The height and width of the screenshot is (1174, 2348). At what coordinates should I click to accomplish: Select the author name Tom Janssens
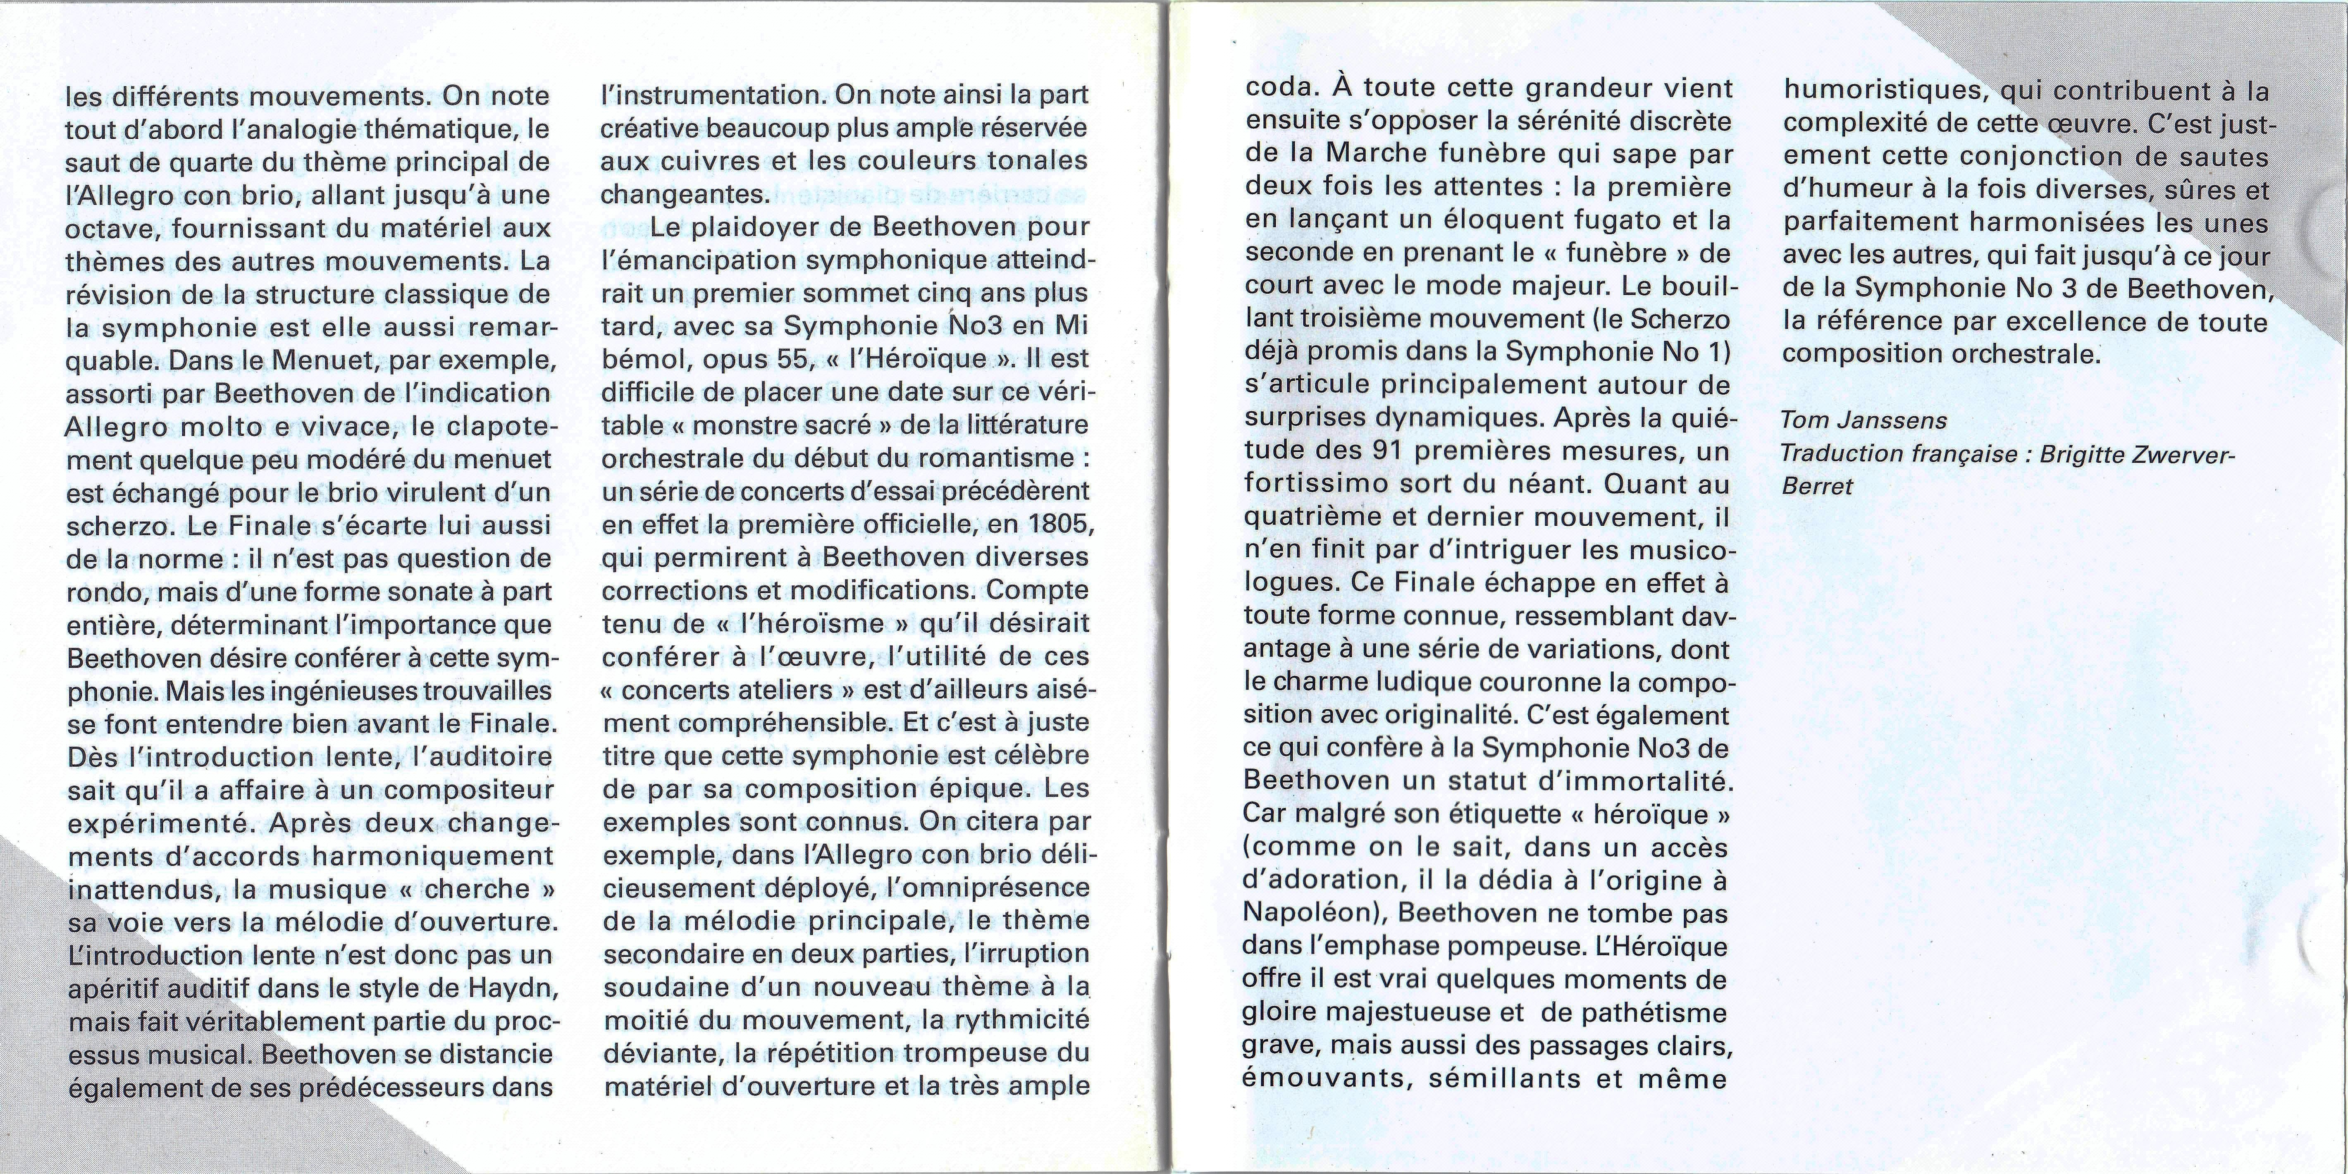pyautogui.click(x=1864, y=420)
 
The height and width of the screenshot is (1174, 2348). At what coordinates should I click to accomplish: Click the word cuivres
pyautogui.click(x=701, y=160)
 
